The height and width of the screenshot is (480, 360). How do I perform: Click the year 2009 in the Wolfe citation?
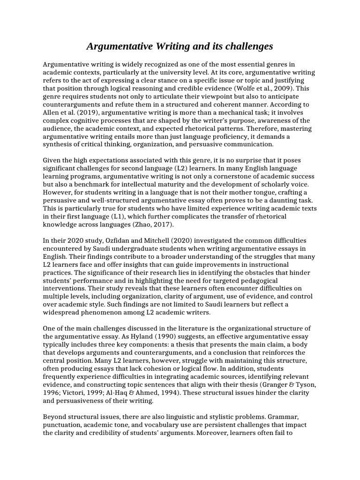tap(284, 88)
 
